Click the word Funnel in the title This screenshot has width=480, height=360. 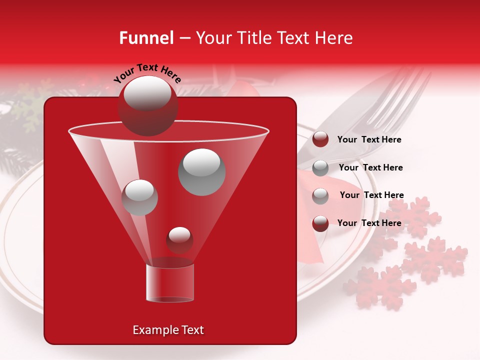pyautogui.click(x=146, y=38)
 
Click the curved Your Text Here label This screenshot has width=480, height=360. pyautogui.click(x=147, y=73)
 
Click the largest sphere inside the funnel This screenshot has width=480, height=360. pyautogui.click(x=201, y=171)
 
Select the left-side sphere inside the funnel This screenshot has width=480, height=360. pyautogui.click(x=139, y=197)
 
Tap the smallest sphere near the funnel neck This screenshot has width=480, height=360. pyautogui.click(x=179, y=239)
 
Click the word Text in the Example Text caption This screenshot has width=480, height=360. pyautogui.click(x=192, y=330)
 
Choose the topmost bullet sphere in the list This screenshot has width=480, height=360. pyautogui.click(x=320, y=139)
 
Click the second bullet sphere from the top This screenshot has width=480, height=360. pyautogui.click(x=320, y=167)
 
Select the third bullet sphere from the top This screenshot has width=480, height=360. pyautogui.click(x=320, y=195)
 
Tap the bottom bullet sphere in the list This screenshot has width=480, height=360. pyautogui.click(x=320, y=223)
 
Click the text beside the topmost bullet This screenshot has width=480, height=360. pyautogui.click(x=369, y=139)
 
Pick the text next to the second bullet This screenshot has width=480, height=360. pyautogui.click(x=370, y=167)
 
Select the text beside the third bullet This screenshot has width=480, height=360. pyautogui.click(x=371, y=195)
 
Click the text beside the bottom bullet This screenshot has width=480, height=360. pyautogui.click(x=369, y=223)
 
